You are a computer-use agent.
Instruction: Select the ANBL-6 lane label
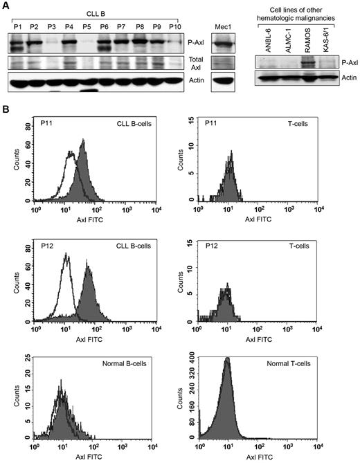point(265,39)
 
